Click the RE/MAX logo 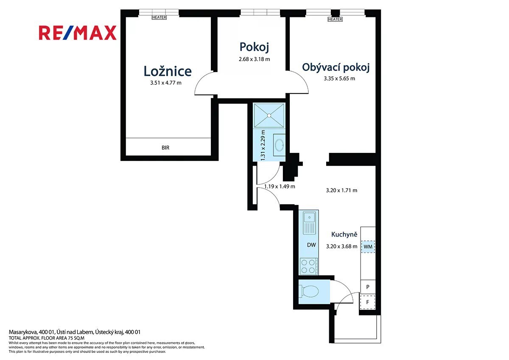click(78, 33)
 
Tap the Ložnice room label click(168, 71)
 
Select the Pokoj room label click(254, 47)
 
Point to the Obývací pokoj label click(336, 67)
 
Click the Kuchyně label click(344, 234)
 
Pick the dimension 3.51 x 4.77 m click(166, 83)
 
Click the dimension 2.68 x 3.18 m click(254, 59)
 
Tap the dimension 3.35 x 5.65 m click(339, 79)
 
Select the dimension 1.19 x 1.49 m click(280, 186)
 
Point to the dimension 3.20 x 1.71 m click(341, 190)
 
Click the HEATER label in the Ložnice click(159, 17)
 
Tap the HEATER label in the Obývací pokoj click(335, 20)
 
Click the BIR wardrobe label click(165, 148)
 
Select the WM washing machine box click(368, 247)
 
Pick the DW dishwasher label click(311, 245)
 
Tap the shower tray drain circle click(269, 115)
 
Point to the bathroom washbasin click(279, 145)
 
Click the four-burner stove click(309, 266)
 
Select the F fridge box click(367, 302)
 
